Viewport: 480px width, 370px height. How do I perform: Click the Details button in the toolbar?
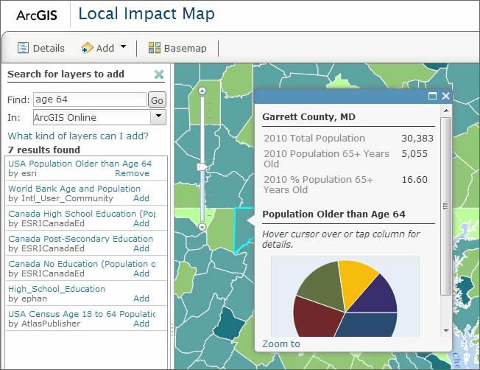41,48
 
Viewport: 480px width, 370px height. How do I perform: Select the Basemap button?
177,48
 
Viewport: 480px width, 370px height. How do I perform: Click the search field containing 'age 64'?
89,100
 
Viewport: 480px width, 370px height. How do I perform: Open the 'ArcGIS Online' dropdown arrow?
158,117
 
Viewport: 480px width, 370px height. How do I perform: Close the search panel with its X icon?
159,74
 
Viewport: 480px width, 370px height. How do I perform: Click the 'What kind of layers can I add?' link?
78,136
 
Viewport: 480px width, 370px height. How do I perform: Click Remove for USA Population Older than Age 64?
132,173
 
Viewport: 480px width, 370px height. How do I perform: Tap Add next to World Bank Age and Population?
141,198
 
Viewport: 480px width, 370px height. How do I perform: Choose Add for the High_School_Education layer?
141,299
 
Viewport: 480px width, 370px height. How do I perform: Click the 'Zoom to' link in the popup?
281,344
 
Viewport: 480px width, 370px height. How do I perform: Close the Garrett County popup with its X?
445,97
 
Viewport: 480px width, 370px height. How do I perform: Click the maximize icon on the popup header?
432,97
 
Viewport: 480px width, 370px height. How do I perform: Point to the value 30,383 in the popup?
417,138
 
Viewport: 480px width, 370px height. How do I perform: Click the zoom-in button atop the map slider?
202,91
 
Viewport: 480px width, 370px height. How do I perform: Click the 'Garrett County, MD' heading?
308,117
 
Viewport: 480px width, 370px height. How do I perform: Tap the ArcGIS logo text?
36,15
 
